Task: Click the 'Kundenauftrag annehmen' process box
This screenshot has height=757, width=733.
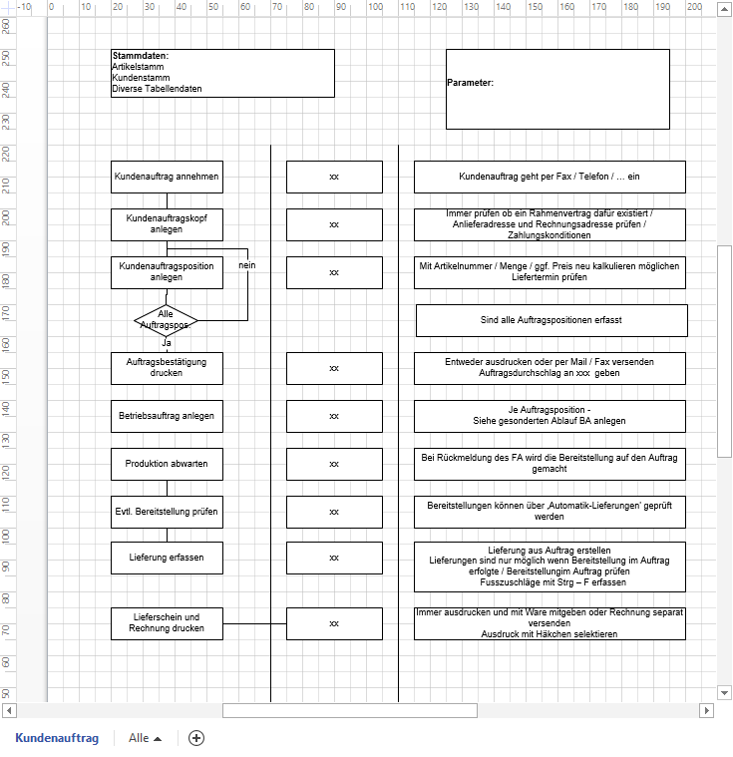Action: [167, 177]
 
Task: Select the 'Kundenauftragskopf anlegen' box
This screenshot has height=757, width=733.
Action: [167, 224]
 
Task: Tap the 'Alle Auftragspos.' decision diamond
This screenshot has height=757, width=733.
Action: [167, 320]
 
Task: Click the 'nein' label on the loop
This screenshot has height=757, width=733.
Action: [247, 265]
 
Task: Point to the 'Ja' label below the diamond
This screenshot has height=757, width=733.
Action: [167, 342]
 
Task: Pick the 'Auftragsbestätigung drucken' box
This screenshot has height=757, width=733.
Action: [167, 368]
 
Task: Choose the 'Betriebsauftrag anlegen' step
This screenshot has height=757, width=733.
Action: [167, 416]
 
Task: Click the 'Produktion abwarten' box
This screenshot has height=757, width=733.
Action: [167, 464]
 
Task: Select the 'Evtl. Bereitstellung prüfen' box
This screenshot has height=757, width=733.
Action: [167, 512]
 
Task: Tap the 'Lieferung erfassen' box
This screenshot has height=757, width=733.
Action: [167, 558]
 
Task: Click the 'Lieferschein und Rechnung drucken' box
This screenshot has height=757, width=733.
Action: [167, 623]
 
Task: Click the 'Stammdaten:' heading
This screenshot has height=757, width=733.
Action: [140, 56]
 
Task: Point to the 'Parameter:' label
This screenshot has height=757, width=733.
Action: [470, 83]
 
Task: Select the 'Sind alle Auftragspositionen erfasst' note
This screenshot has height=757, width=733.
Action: [551, 320]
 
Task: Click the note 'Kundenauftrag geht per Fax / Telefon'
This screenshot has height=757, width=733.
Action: [550, 177]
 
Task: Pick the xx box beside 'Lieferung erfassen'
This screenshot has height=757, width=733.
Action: [334, 558]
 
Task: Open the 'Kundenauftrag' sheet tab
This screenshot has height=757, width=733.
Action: [57, 738]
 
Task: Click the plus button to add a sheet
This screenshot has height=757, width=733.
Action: [196, 738]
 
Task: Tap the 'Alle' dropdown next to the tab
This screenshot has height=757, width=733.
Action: [146, 738]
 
